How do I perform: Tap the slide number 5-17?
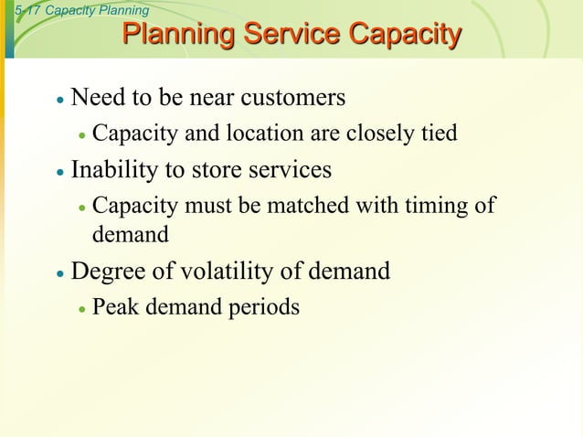(21, 10)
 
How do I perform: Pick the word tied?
(439, 133)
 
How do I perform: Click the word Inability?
(114, 170)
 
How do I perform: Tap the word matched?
(307, 206)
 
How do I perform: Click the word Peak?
(113, 307)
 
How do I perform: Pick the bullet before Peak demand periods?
(81, 309)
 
